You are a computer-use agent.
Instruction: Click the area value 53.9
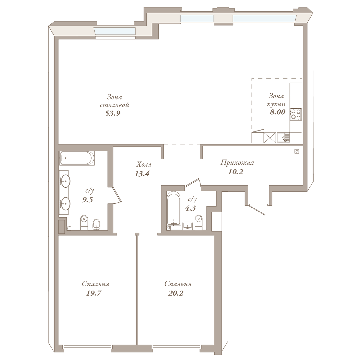click(x=113, y=113)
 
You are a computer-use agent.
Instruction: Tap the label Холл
click(x=144, y=165)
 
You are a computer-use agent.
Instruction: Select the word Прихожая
click(x=237, y=163)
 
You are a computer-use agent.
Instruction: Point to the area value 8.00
click(x=278, y=112)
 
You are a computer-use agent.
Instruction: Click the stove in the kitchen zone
click(x=296, y=114)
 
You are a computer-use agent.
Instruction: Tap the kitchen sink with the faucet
click(x=283, y=138)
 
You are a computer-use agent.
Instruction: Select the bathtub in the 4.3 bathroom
click(x=174, y=208)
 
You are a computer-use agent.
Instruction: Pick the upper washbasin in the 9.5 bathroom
click(x=65, y=181)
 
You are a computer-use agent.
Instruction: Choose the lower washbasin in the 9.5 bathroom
click(x=65, y=203)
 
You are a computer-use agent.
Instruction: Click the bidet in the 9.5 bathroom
click(x=97, y=224)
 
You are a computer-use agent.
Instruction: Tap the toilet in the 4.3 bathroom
click(x=199, y=222)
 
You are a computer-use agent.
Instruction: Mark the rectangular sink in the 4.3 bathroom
click(x=187, y=226)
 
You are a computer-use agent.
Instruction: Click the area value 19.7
click(x=94, y=293)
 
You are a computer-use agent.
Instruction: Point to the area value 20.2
click(x=176, y=293)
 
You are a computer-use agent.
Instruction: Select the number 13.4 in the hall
click(x=142, y=174)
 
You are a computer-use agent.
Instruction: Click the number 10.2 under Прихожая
click(x=236, y=172)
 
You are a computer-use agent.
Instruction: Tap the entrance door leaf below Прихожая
click(x=257, y=209)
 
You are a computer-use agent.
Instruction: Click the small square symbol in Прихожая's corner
click(x=297, y=151)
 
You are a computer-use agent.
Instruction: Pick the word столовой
click(x=114, y=105)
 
